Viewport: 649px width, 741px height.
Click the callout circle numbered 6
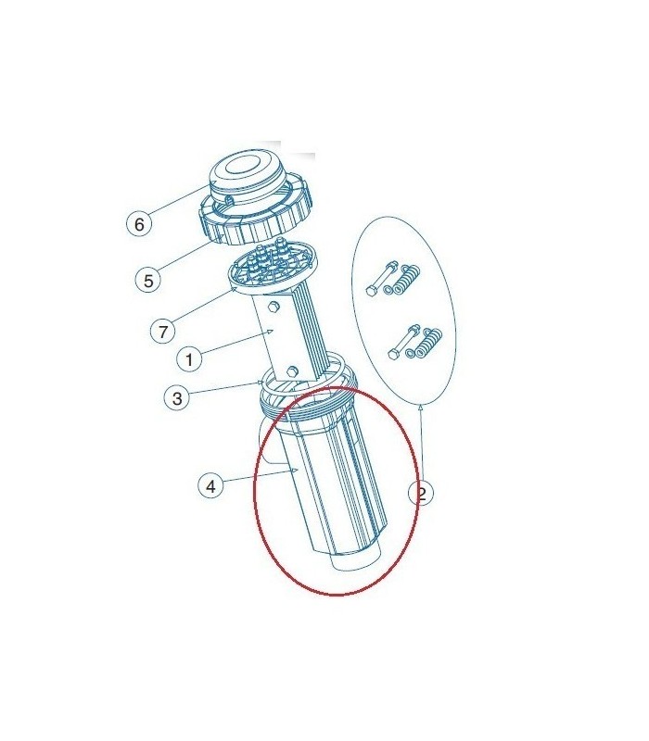[x=139, y=223]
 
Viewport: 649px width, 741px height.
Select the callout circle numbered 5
[x=148, y=281]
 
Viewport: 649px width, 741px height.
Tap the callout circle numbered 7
[x=163, y=331]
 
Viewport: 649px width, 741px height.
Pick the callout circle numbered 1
[x=189, y=359]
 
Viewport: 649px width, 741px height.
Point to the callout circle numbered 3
[x=177, y=398]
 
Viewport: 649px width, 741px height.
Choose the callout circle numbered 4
[x=211, y=485]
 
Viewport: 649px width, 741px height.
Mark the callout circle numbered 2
[x=421, y=494]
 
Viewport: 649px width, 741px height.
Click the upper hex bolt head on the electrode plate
[x=274, y=308]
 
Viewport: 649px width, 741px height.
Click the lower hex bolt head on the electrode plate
[x=292, y=371]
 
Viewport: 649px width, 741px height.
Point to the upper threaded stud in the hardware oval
[x=406, y=280]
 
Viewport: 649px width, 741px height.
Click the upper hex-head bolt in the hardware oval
[x=382, y=279]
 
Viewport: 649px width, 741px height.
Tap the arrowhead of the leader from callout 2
[x=421, y=408]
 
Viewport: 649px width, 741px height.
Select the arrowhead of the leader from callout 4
[x=294, y=471]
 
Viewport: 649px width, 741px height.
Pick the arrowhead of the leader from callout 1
[x=270, y=332]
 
